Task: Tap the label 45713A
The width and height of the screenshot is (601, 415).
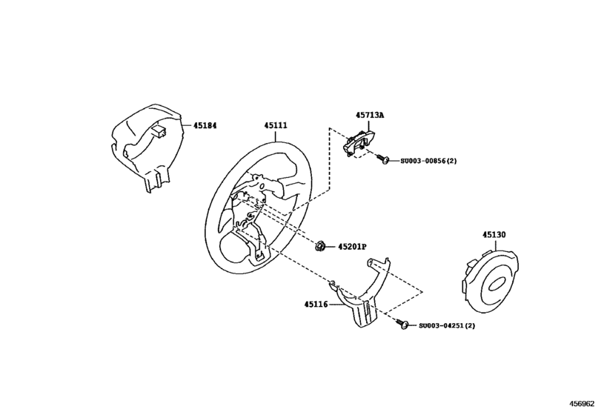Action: [x=369, y=116]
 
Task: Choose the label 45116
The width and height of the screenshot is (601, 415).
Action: [x=316, y=304]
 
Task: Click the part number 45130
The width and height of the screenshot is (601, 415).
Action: [x=494, y=234]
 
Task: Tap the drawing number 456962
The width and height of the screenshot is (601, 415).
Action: [x=583, y=406]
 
